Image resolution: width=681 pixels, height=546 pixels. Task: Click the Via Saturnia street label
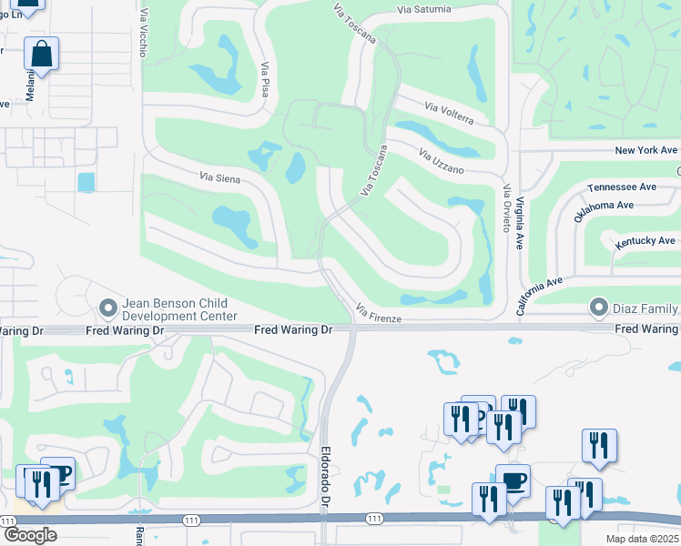(423, 9)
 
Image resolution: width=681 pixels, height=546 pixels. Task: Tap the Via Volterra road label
(449, 114)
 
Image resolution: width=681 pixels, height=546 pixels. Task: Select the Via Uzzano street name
(442, 161)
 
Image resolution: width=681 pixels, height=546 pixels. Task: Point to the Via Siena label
(219, 178)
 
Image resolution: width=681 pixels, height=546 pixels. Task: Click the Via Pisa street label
(265, 81)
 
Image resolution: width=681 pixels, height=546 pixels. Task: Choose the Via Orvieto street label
(507, 207)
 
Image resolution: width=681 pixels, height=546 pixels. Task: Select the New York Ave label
(646, 150)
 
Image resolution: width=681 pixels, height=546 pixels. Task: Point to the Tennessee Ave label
(622, 187)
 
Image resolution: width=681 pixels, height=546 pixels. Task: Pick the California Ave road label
(540, 295)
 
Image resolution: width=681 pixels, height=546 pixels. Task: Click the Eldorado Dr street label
(325, 470)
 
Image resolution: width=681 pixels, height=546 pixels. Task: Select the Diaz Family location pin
(599, 307)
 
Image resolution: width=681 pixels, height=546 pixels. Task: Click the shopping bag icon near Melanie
(42, 54)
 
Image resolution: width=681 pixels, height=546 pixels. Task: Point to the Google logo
(30, 535)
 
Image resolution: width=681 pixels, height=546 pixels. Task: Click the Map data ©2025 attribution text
(641, 539)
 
